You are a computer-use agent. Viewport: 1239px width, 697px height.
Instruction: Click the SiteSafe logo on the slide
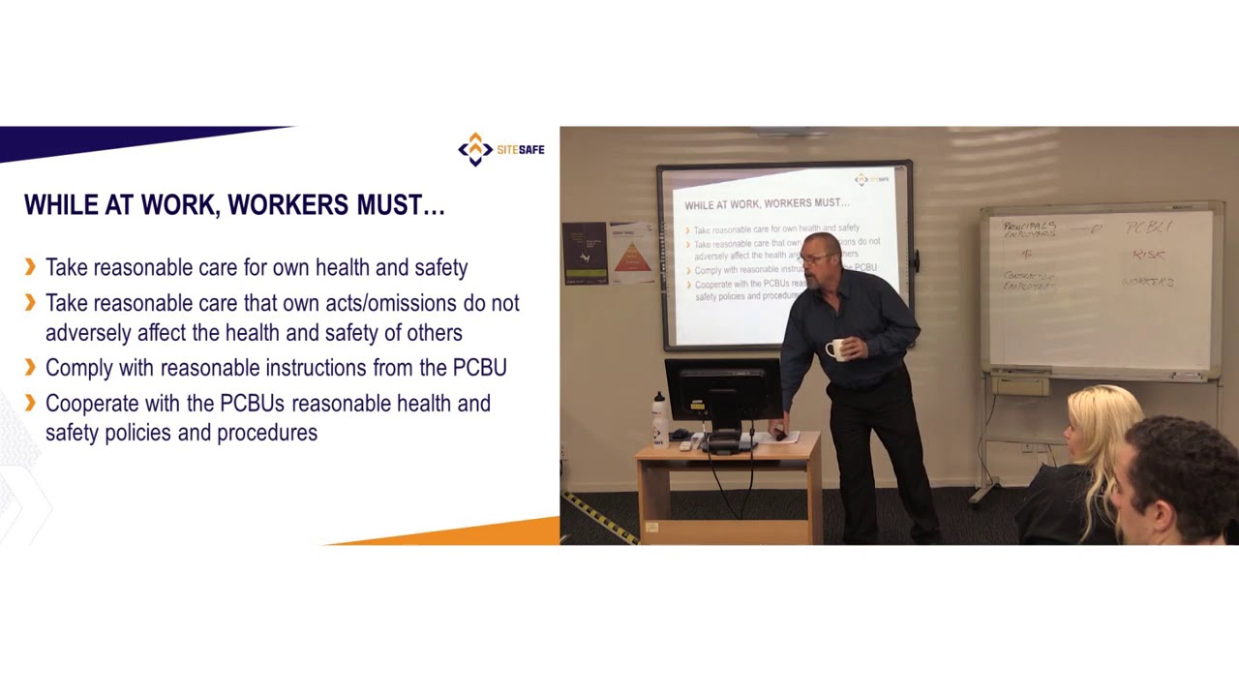coord(500,149)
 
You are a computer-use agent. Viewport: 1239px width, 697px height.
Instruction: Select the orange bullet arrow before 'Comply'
coord(30,367)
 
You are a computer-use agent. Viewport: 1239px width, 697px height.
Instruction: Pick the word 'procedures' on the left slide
coord(267,433)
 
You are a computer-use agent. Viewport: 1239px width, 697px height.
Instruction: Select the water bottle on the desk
coord(659,418)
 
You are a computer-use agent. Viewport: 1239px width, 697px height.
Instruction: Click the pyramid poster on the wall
coord(630,253)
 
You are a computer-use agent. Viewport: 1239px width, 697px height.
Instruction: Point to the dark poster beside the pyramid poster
coord(584,253)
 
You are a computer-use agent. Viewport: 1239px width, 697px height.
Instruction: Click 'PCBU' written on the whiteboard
coord(1148,227)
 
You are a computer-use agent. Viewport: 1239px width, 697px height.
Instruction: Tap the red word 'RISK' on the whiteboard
coord(1148,255)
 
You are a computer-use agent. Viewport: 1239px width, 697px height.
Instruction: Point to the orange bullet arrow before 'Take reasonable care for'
coord(30,266)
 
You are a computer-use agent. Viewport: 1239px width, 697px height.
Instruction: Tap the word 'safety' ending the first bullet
coord(440,267)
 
